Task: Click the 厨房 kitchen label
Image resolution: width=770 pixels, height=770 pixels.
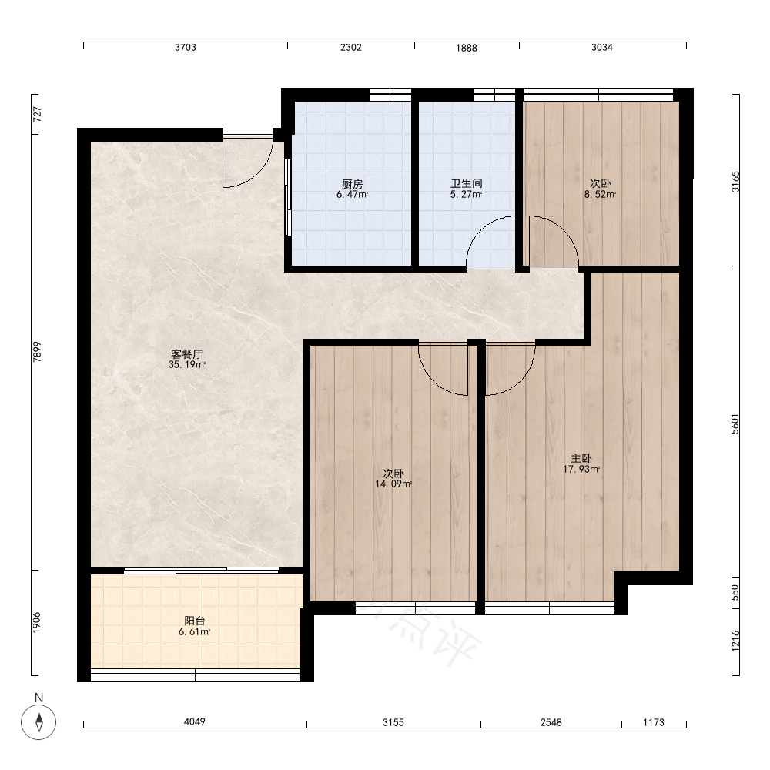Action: click(x=352, y=184)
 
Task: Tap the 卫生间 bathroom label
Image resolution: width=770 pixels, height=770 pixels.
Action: click(x=467, y=184)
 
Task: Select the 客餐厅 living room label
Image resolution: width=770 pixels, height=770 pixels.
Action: click(x=186, y=354)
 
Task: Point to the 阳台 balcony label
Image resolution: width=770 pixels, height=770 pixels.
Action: click(x=195, y=621)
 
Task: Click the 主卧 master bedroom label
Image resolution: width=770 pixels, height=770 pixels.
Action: click(x=581, y=459)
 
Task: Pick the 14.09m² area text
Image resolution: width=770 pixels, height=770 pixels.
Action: click(x=393, y=484)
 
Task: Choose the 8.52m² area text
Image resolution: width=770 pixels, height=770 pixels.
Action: click(x=600, y=195)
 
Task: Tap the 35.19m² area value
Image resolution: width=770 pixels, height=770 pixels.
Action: click(x=187, y=365)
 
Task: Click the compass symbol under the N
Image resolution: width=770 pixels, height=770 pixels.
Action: click(x=38, y=722)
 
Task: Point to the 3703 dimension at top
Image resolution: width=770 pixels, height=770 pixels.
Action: click(x=186, y=47)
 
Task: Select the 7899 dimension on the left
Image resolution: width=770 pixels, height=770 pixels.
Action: click(x=37, y=352)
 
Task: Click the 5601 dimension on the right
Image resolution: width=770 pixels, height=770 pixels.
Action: click(x=735, y=423)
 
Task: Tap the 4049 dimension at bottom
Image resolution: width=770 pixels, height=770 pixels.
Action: click(x=195, y=722)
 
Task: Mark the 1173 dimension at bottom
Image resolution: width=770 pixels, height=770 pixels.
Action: click(x=654, y=722)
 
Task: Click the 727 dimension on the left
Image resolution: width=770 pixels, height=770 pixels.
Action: click(x=37, y=115)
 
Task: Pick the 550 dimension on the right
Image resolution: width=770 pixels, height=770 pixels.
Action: click(x=735, y=592)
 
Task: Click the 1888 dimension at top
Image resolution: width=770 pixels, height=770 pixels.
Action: click(x=467, y=48)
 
